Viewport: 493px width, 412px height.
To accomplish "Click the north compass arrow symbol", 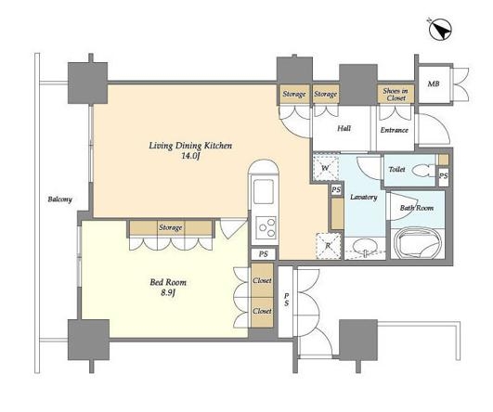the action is click(440, 30).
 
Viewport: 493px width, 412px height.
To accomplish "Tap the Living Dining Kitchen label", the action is click(190, 146).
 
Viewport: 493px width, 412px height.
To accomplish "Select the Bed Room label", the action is click(168, 282).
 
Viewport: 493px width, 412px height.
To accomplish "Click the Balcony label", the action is click(60, 200).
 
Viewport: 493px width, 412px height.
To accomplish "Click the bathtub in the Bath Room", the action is click(417, 243).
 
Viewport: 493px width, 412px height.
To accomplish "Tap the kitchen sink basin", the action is click(264, 192).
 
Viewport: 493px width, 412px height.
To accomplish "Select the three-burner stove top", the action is click(266, 227).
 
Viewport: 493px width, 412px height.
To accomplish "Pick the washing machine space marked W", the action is click(326, 168).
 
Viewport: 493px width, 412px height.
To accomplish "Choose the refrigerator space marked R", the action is click(329, 246).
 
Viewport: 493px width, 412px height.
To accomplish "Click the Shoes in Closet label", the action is click(396, 95).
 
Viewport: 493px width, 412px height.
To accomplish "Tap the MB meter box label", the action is click(434, 84).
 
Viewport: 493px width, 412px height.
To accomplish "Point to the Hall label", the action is click(344, 128).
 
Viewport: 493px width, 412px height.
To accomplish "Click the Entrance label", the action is click(395, 130).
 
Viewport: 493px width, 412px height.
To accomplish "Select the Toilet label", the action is click(396, 169).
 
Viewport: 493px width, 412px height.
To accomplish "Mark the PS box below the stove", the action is click(264, 254).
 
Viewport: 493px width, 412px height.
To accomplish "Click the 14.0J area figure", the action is click(190, 156).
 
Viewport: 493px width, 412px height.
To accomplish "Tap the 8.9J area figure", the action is click(168, 293).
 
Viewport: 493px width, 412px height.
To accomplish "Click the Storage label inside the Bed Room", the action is click(170, 227).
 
